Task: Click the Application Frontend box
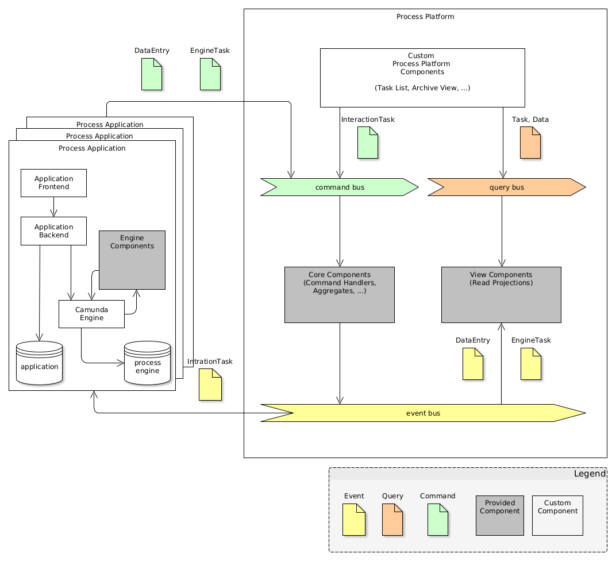coord(53,183)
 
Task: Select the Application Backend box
coord(53,230)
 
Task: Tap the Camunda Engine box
coord(91,314)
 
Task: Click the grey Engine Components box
coord(132,260)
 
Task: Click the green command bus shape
coord(340,187)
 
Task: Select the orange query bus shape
coord(506,187)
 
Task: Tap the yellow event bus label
coord(423,413)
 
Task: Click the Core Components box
coord(339,294)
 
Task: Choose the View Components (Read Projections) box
coord(500,294)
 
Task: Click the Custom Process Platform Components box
coord(422,78)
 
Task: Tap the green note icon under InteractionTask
coord(368,143)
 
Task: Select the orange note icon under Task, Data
coord(530,143)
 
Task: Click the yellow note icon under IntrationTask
coord(210,385)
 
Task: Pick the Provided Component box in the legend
coord(499,515)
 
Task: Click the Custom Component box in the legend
coord(557,515)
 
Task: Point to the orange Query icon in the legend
coord(392,520)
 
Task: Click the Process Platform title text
coord(425,17)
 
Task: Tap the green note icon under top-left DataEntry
coord(152,74)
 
